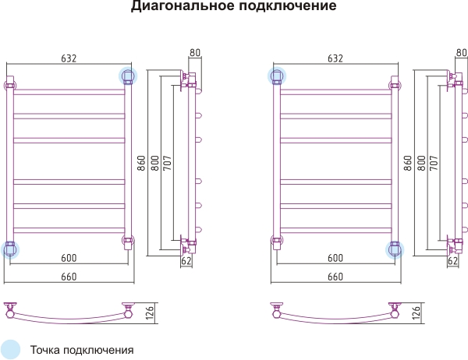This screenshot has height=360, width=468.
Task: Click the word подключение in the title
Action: click(x=288, y=5)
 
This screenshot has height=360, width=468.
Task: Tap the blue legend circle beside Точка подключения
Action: click(x=10, y=349)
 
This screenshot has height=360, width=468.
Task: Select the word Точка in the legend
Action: click(x=45, y=350)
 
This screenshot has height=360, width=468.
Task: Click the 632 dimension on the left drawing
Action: click(x=69, y=58)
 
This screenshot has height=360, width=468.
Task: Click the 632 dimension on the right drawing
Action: click(x=335, y=58)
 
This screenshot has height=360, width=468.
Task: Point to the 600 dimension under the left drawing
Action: click(x=69, y=258)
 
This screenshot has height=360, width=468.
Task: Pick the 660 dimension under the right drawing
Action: click(x=335, y=277)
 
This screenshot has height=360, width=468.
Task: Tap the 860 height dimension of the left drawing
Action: click(x=141, y=163)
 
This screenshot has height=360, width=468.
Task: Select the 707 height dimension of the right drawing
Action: click(x=434, y=163)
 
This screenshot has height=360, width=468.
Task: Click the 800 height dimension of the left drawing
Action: click(x=155, y=163)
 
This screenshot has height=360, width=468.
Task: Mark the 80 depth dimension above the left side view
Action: click(x=194, y=52)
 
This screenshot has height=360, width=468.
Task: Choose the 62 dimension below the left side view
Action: click(x=186, y=261)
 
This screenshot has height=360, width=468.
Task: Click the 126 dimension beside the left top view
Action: click(x=150, y=312)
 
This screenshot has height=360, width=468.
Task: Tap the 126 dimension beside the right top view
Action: click(x=416, y=312)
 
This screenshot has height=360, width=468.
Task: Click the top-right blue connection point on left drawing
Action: click(x=128, y=76)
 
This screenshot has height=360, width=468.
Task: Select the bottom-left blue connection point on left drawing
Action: click(x=10, y=249)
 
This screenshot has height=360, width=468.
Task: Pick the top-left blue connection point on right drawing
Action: click(x=277, y=76)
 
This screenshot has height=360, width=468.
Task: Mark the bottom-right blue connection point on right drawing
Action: click(x=395, y=249)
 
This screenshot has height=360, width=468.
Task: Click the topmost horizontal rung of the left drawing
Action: click(x=69, y=92)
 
